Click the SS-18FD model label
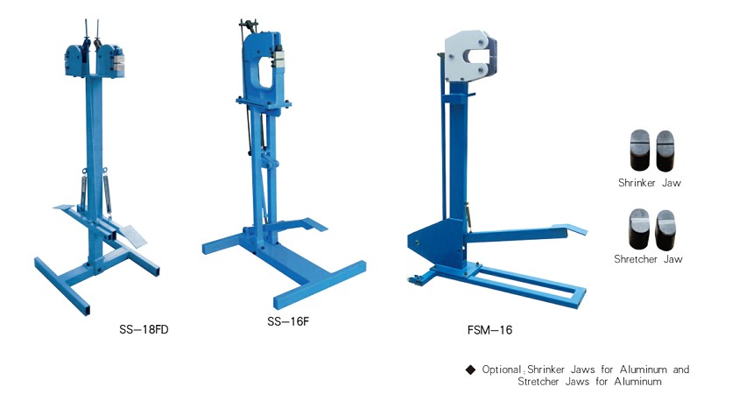[x=144, y=330]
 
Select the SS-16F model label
[x=288, y=321]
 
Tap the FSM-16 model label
[x=489, y=330]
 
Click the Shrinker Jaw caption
[x=649, y=183]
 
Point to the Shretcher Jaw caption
[x=649, y=259]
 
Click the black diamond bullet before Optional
[x=470, y=369]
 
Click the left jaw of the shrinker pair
[x=637, y=151]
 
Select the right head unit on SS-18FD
[x=113, y=61]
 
